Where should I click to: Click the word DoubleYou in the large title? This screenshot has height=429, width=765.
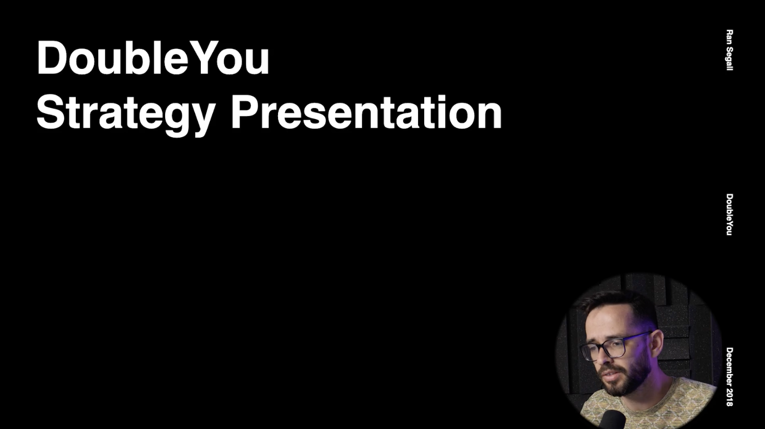[x=153, y=58]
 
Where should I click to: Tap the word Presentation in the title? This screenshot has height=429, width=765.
[x=366, y=113]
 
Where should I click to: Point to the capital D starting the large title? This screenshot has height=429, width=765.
[x=51, y=58]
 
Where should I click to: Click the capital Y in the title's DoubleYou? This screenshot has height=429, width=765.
[x=204, y=58]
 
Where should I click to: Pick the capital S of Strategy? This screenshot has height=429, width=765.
[x=50, y=113]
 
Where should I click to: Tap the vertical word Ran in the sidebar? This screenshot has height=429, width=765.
[x=729, y=36]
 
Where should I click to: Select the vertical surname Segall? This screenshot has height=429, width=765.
[x=729, y=58]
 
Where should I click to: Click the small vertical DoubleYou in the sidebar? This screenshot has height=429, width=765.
[x=729, y=214]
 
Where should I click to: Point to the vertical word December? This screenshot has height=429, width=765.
[x=729, y=367]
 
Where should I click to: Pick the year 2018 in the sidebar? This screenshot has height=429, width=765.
[x=729, y=398]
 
